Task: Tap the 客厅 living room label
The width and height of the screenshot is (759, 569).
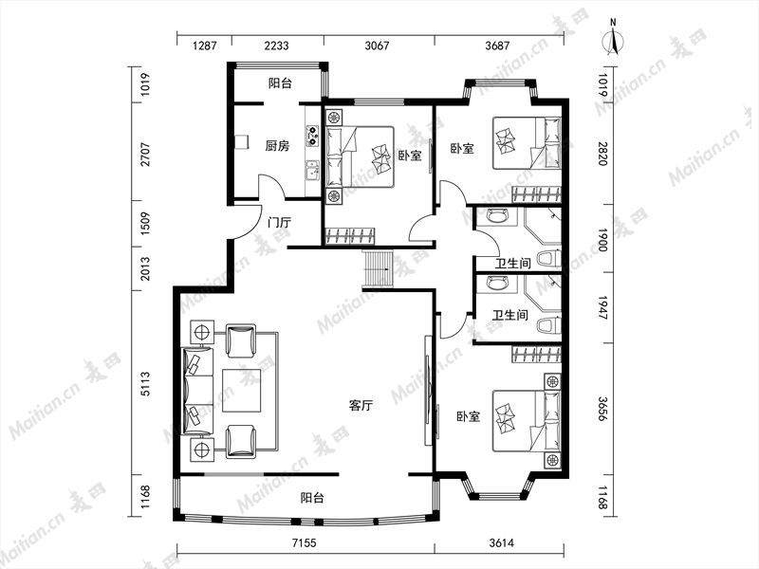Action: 361,406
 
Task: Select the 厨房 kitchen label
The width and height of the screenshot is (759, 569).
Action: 277,146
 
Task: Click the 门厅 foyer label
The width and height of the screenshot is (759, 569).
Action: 279,223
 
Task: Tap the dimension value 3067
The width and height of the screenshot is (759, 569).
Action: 379,43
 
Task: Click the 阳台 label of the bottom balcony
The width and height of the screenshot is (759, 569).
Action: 313,497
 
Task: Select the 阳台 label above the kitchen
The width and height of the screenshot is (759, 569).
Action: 280,83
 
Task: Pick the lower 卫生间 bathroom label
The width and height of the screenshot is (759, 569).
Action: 509,315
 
